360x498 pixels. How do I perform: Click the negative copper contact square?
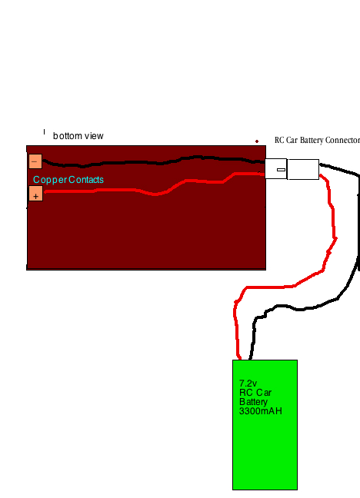coord(35,161)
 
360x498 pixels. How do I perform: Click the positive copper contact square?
coord(35,194)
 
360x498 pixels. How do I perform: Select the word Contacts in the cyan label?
coord(86,180)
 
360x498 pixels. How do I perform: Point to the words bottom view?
coord(78,136)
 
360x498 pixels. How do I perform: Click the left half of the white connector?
coord(275,168)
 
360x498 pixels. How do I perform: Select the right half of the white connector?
coord(303,169)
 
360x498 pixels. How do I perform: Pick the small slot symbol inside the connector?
coord(281,170)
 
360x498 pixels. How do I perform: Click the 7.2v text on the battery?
coord(248,383)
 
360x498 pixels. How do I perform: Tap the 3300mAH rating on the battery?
coord(261,411)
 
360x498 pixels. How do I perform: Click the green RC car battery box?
coord(265,425)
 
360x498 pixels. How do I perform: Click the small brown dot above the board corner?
coord(257,141)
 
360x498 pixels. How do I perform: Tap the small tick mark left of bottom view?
coord(44,131)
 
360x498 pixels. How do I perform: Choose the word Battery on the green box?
coord(254,402)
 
